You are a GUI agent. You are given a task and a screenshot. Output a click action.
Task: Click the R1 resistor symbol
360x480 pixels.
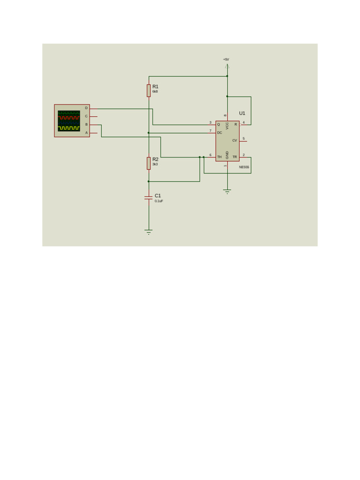pos(149,90)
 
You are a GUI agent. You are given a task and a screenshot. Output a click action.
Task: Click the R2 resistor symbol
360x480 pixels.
pos(149,163)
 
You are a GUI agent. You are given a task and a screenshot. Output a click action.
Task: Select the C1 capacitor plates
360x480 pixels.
pos(149,198)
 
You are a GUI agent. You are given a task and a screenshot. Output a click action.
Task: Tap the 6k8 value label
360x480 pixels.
pos(155,92)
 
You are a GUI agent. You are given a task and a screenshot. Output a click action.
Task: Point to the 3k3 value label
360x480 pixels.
pos(155,165)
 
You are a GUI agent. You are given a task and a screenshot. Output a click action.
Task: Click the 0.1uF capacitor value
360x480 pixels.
pos(159,201)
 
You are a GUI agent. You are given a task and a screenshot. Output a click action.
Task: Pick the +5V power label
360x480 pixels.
pos(226,60)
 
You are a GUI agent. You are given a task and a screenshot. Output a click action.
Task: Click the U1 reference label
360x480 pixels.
pos(242,113)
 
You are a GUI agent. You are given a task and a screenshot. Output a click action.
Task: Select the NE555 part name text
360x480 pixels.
pos(244,167)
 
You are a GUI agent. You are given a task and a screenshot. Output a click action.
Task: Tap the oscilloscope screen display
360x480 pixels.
pos(69,121)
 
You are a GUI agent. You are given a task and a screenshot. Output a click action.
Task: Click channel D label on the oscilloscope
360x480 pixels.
pos(86,108)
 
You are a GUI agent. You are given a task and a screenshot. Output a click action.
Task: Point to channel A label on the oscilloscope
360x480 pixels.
pos(86,133)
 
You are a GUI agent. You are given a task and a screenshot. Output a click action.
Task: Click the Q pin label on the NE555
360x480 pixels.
pos(218,125)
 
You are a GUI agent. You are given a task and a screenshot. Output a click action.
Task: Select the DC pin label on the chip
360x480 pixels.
pos(219,133)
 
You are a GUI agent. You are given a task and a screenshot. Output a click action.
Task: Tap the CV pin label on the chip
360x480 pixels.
pos(234,141)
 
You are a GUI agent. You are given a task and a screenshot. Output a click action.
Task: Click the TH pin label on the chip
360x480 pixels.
pos(219,157)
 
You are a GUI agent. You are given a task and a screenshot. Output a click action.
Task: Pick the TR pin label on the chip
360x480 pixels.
pos(234,157)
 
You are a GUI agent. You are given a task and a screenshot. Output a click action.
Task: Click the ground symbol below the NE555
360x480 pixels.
pos(227,191)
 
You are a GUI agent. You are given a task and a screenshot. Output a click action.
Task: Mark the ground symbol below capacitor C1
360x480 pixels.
pos(149,232)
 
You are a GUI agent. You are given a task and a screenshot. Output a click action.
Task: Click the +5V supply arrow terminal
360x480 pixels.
pos(227,67)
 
